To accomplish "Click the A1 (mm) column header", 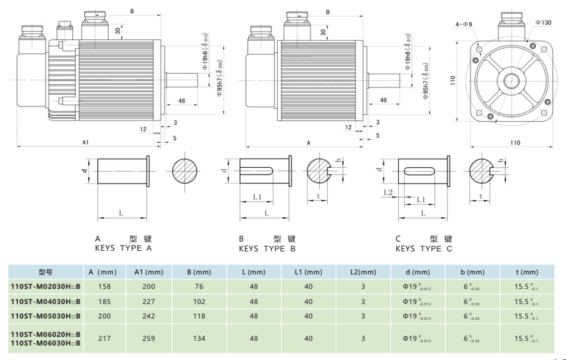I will [x=148, y=272].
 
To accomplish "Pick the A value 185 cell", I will [x=104, y=301].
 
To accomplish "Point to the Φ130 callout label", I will [x=543, y=22].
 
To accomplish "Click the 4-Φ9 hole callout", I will [x=463, y=25].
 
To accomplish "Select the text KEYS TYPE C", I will [x=424, y=248].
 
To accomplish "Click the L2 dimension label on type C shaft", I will [x=388, y=192].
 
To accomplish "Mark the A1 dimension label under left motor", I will [x=86, y=141].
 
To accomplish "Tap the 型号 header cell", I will [x=45, y=272].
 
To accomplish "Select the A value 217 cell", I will [x=104, y=339].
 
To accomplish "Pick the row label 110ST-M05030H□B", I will [x=45, y=315].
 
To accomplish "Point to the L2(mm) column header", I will [x=362, y=272].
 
